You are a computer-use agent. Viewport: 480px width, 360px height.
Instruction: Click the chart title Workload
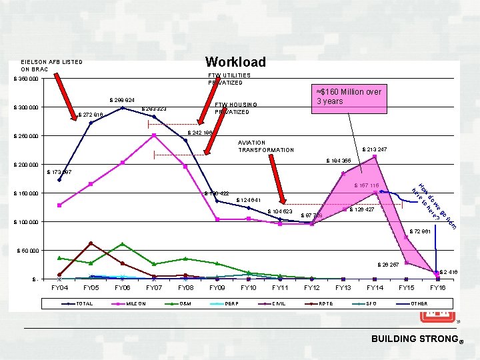click(x=235, y=62)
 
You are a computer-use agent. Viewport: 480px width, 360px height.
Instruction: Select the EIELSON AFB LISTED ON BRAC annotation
click(x=52, y=65)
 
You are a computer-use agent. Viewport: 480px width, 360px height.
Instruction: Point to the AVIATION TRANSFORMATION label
click(x=265, y=146)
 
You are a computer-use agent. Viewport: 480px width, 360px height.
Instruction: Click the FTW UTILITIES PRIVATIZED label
click(x=229, y=79)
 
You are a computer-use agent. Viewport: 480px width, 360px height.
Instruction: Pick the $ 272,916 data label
click(x=91, y=115)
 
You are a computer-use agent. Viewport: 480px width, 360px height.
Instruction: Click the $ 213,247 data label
click(x=374, y=149)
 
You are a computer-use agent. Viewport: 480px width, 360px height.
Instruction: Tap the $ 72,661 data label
click(x=421, y=231)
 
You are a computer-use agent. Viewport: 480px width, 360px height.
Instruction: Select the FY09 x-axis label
click(x=217, y=287)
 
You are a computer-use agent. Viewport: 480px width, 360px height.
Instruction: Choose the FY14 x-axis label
click(x=375, y=287)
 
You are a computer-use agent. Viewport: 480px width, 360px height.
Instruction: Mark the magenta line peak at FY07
click(x=154, y=135)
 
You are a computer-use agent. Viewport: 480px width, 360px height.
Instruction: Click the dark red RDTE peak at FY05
click(x=91, y=243)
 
